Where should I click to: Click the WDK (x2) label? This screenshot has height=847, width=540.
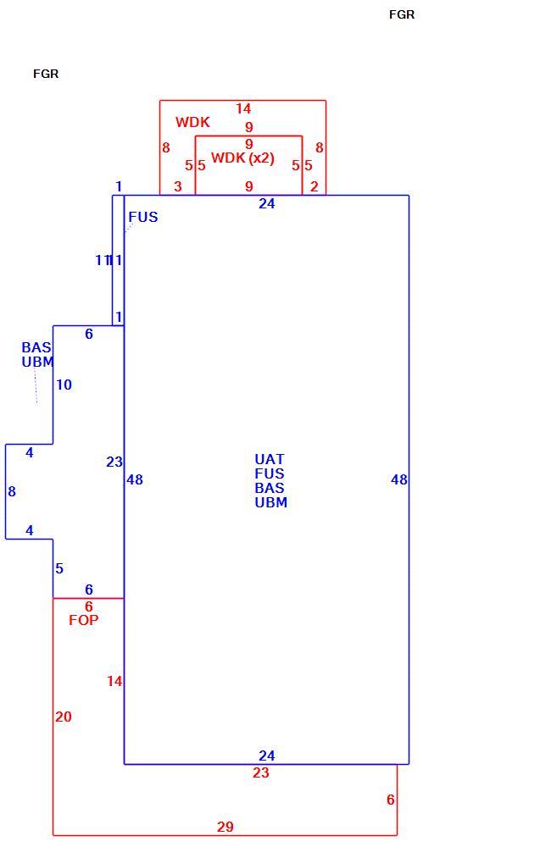pyautogui.click(x=242, y=158)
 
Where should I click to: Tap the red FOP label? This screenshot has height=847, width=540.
pyautogui.click(x=84, y=620)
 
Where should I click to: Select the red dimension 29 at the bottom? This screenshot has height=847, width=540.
pyautogui.click(x=225, y=827)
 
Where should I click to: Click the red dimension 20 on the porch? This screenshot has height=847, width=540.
pyautogui.click(x=64, y=717)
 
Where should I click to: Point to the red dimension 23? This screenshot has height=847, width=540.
pyautogui.click(x=260, y=773)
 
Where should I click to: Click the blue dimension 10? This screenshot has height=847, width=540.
pyautogui.click(x=64, y=385)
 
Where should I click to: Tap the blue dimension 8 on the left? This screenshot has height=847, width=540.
pyautogui.click(x=11, y=491)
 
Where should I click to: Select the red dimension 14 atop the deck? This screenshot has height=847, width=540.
pyautogui.click(x=243, y=108)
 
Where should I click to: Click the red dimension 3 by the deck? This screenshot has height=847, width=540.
pyautogui.click(x=178, y=186)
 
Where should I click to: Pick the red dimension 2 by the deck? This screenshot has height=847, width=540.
pyautogui.click(x=314, y=186)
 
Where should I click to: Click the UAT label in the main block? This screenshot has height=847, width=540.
pyautogui.click(x=270, y=459)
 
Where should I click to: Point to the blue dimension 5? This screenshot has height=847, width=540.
pyautogui.click(x=59, y=568)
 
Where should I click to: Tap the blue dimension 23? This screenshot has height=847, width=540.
pyautogui.click(x=114, y=462)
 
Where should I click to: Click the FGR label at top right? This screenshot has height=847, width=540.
pyautogui.click(x=402, y=14)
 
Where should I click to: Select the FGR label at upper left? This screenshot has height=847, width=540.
pyautogui.click(x=46, y=74)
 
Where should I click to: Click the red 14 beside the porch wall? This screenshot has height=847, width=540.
pyautogui.click(x=114, y=681)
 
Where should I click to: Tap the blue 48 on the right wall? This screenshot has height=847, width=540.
pyautogui.click(x=399, y=479)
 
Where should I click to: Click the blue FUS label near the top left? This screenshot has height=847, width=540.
pyautogui.click(x=143, y=217)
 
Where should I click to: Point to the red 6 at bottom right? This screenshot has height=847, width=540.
pyautogui.click(x=390, y=800)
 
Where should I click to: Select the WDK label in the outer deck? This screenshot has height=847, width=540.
pyautogui.click(x=192, y=122)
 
